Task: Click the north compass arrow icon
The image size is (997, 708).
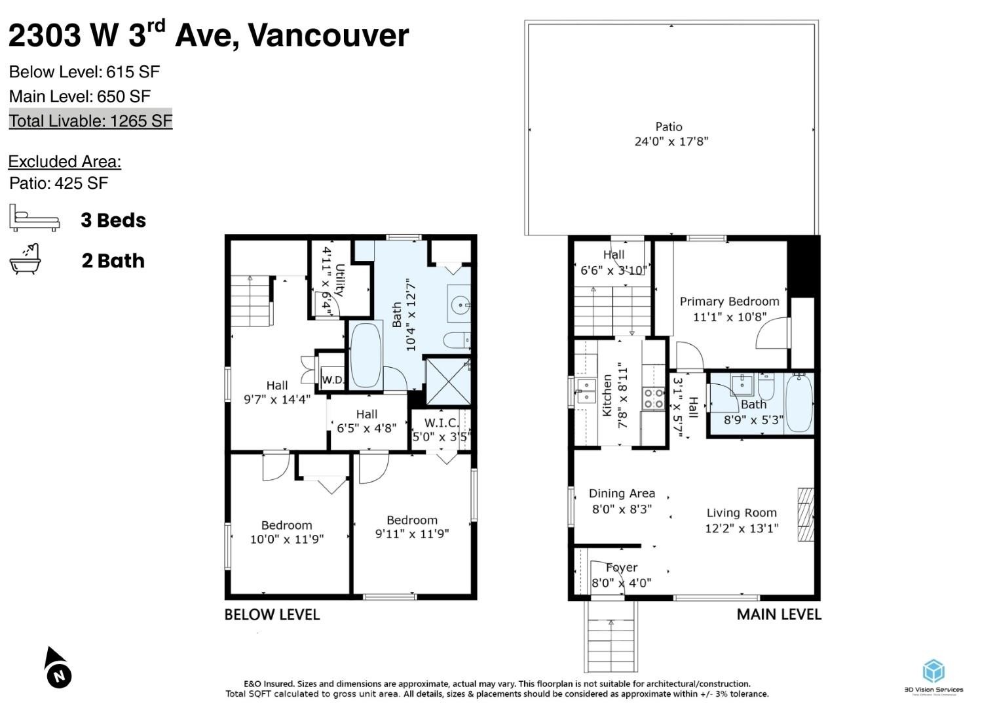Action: [x=57, y=668]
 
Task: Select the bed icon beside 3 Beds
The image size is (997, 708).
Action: [x=34, y=218]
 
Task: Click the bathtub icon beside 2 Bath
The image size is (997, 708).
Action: [x=26, y=260]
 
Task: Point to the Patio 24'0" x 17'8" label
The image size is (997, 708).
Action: [x=670, y=134]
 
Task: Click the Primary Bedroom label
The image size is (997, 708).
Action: [x=729, y=302]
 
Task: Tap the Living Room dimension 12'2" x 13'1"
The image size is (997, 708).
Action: [x=742, y=528]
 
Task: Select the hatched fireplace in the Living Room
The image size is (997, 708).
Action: [x=805, y=515]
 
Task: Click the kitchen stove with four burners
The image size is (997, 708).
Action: [x=653, y=399]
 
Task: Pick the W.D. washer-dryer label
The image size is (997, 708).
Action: [x=332, y=380]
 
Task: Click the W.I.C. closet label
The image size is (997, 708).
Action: [x=442, y=423]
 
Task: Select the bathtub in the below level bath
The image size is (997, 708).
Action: [x=366, y=356]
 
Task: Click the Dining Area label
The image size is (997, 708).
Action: [x=622, y=494]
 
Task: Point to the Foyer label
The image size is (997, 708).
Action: [x=622, y=568]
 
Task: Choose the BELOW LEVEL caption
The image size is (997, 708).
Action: [x=272, y=615]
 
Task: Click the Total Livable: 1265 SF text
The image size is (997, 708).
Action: [x=90, y=121]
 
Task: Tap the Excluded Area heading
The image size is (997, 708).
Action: [x=64, y=161]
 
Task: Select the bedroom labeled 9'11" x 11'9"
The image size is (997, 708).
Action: [x=412, y=527]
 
